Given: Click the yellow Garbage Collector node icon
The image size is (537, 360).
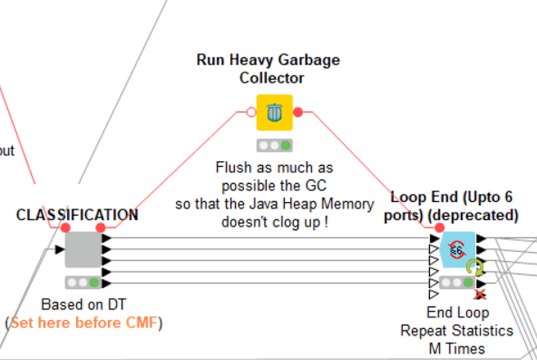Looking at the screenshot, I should tap(274, 112).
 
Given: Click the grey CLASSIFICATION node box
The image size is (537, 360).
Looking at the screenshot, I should tap(83, 249).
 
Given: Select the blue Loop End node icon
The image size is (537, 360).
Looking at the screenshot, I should tap(457, 249).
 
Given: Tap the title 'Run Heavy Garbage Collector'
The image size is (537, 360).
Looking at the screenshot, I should tap(269, 69).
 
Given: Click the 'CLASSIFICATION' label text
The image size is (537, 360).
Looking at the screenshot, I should tap(77, 215).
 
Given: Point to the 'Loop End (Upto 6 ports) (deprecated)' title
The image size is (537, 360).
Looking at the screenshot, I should tap(455, 206).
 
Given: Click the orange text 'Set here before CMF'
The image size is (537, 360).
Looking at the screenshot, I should tap(84, 323).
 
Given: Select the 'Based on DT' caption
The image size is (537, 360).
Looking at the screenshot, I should tap(83, 305).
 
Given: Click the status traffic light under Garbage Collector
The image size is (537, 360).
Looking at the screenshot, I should tap(274, 145).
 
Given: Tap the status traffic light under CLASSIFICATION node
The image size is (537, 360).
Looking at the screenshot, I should tap(83, 282).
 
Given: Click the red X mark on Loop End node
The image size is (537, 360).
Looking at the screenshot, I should tap(479, 294).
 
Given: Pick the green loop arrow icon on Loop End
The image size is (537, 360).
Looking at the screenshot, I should tap(475, 267).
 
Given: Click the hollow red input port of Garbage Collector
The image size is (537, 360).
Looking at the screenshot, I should tap(252, 112).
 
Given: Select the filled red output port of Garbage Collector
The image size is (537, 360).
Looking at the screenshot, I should tap(298, 112).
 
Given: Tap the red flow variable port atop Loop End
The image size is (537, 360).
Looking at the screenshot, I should tap(439, 228).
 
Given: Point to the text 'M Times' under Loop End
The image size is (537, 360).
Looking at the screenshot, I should tap(457, 348).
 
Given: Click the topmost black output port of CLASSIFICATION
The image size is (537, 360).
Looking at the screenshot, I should tap(107, 238).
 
